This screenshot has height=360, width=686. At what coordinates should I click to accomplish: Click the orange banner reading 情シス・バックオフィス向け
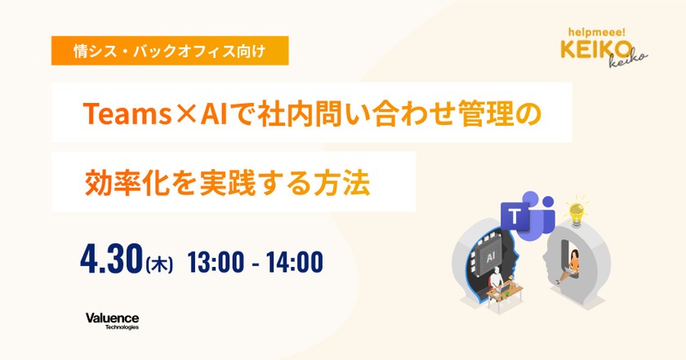pos(170,51)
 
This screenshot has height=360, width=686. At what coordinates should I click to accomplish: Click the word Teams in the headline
pos(127,113)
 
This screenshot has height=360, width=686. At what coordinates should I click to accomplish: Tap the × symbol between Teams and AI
pos(185,114)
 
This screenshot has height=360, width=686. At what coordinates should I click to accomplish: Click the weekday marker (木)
pos(158,264)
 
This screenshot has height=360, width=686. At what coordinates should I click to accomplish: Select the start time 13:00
pos(216,262)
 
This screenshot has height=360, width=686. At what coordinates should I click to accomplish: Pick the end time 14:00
pos(295,262)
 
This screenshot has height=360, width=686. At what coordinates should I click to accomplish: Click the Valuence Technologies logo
pos(113,321)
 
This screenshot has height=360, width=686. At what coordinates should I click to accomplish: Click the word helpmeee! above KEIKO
pos(597,33)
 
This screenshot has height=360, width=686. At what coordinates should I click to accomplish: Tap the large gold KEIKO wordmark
pos(596,49)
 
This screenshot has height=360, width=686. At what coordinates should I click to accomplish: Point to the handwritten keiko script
pos(629,60)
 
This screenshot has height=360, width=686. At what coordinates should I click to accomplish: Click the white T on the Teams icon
pos(515,216)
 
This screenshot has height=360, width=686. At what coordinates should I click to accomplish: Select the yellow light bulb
pos(577,213)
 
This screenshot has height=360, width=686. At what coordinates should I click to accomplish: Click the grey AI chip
pos(491,258)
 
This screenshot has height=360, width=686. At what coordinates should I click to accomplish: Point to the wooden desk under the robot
pos(507,294)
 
